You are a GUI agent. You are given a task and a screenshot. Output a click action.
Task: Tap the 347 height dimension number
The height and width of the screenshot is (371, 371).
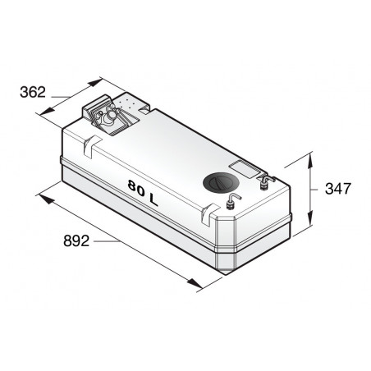click(338, 189)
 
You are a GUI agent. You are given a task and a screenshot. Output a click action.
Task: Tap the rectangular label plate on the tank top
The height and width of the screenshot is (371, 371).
click(244, 167)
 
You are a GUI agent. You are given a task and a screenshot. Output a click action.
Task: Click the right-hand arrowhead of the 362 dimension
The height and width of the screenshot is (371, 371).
click(101, 82)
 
